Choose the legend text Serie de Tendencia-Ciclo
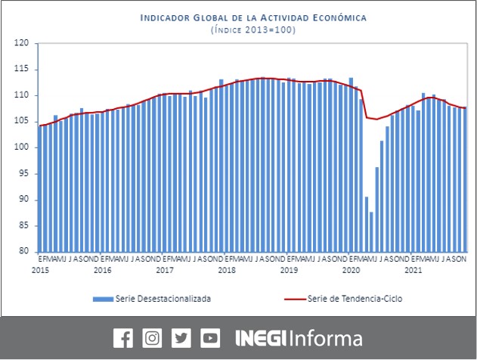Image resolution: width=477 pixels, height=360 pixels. pyautogui.click(x=355, y=299)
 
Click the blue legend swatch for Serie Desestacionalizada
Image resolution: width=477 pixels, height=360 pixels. pyautogui.click(x=103, y=299)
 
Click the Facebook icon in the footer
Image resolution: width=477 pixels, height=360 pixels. pyautogui.click(x=122, y=338)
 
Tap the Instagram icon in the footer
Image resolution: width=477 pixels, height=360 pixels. pyautogui.click(x=152, y=338)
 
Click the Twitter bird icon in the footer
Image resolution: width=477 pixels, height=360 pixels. pyautogui.click(x=181, y=338)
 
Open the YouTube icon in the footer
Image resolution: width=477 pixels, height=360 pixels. pyautogui.click(x=211, y=338)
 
